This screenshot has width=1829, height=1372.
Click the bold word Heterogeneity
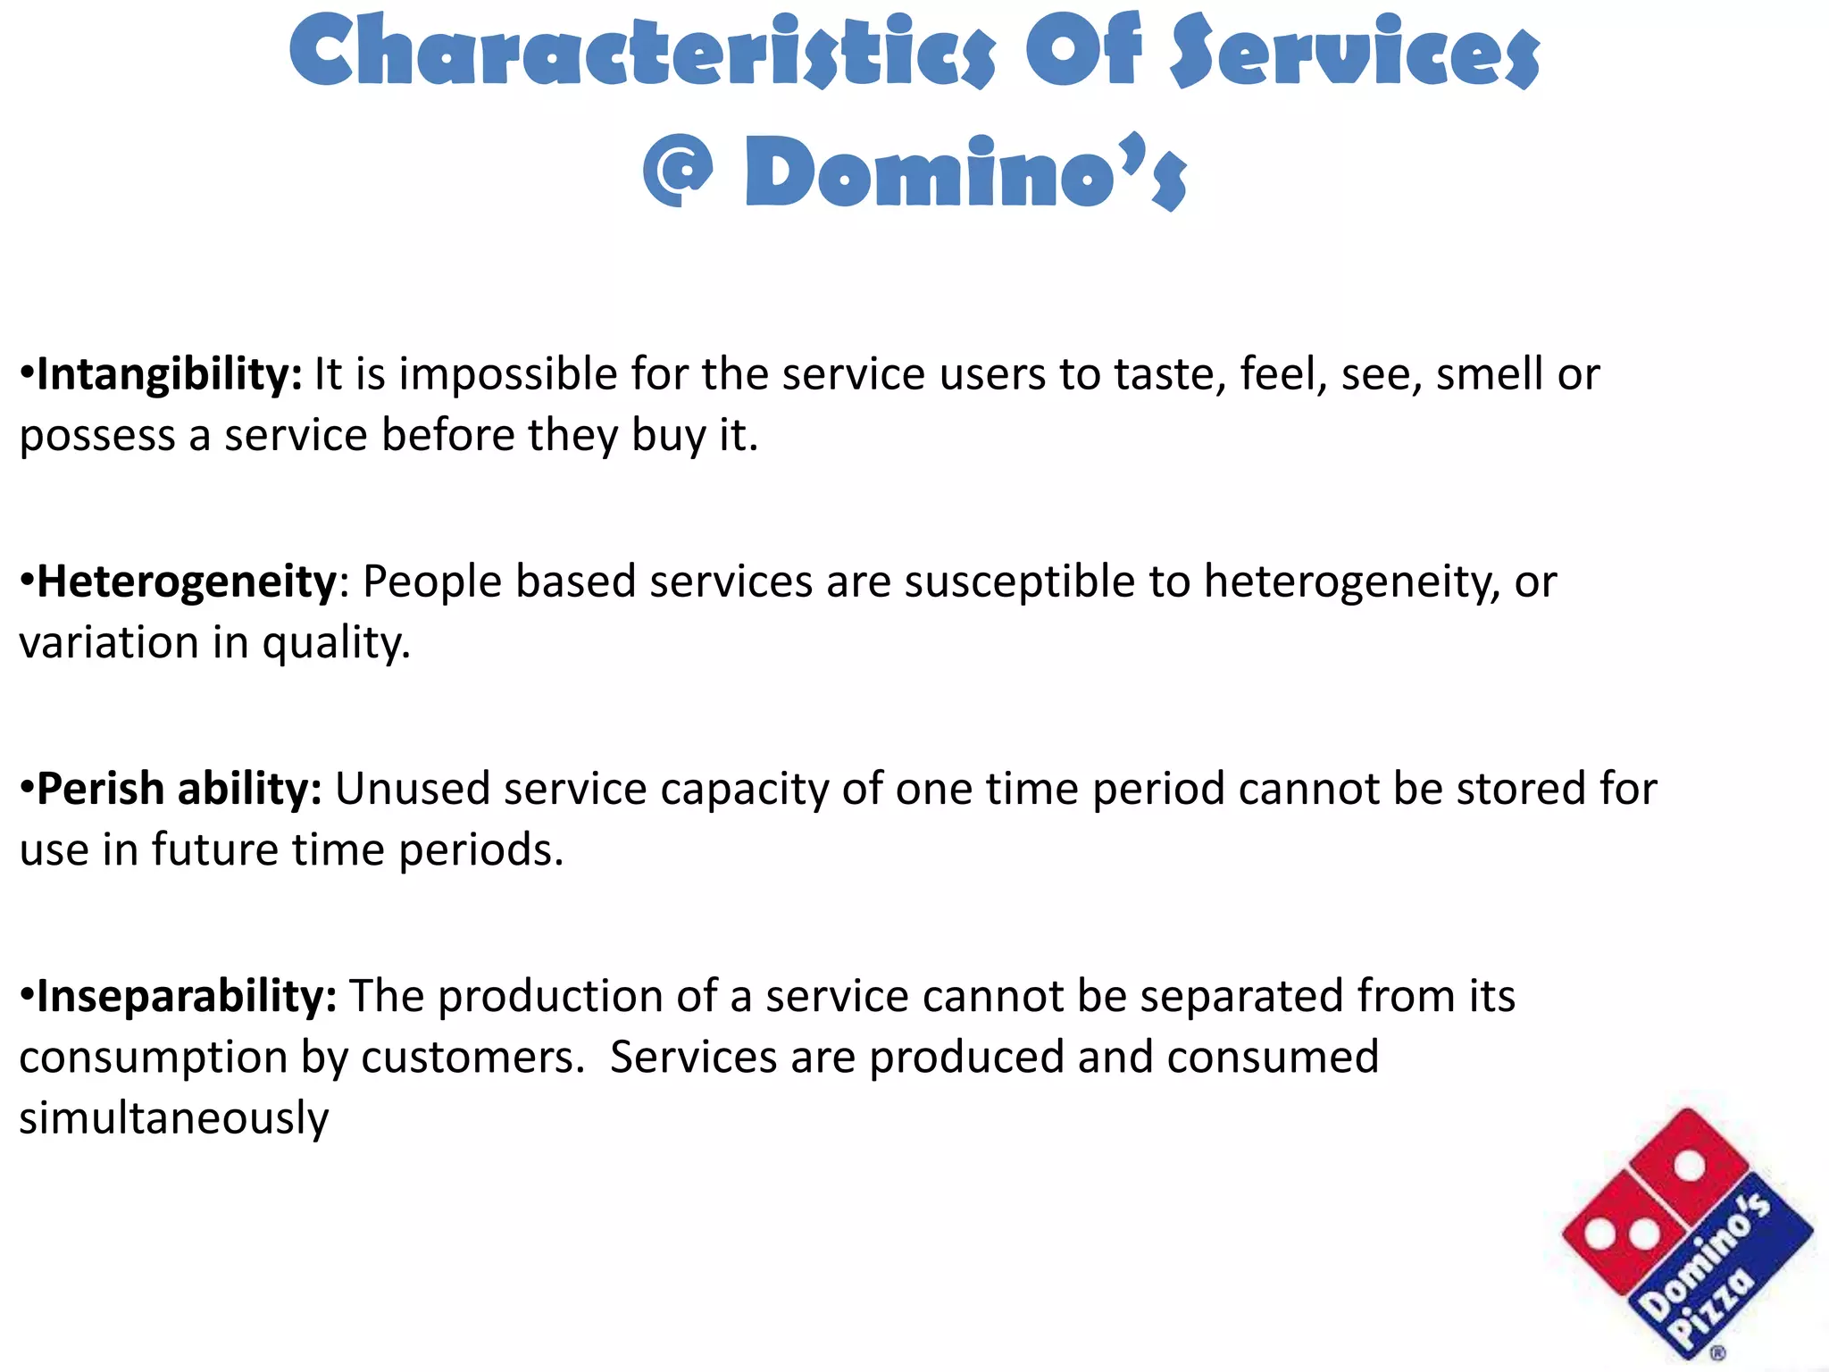(187, 583)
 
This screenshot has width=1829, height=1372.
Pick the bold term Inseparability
(187, 996)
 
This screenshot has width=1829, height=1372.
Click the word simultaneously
(174, 1118)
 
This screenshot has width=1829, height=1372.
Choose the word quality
(336, 644)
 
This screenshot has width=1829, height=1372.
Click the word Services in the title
(1355, 52)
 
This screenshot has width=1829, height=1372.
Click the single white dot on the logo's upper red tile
(1689, 1166)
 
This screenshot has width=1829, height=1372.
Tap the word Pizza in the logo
(1713, 1309)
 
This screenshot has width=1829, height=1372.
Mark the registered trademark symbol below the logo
(1717, 1354)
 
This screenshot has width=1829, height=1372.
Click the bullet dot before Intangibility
(27, 372)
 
